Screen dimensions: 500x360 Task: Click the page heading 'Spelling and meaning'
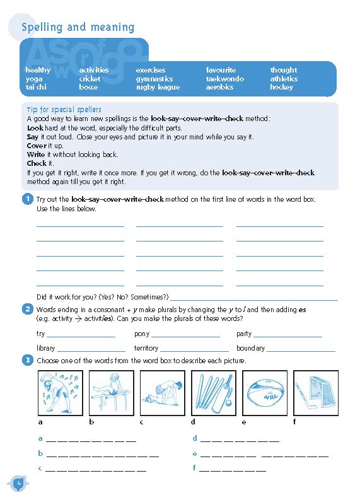tap(78, 27)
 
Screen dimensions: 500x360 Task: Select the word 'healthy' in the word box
tap(38, 70)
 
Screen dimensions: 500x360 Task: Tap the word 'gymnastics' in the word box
tap(154, 79)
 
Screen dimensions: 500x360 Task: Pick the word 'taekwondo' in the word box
tap(224, 79)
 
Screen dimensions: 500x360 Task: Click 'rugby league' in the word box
tap(158, 88)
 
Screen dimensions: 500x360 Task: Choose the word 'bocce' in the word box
tap(88, 88)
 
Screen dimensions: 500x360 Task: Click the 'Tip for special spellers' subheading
tap(64, 110)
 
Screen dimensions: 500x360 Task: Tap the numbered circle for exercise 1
tap(27, 199)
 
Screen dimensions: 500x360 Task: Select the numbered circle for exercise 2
tap(27, 309)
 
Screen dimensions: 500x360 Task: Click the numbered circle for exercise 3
tap(27, 360)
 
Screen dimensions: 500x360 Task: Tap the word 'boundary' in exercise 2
tap(250, 348)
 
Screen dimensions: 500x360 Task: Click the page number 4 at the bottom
tap(20, 484)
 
